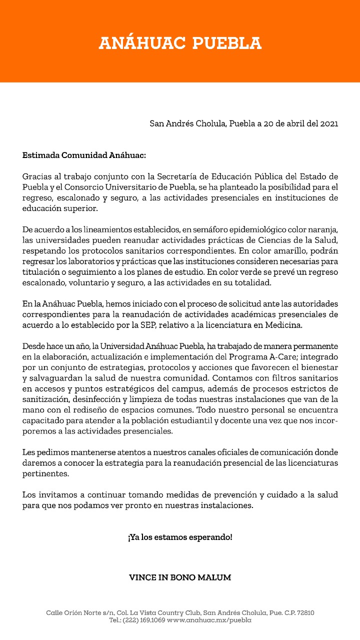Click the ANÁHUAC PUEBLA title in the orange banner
click(180, 43)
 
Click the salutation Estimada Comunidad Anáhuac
click(84, 155)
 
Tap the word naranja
click(323, 229)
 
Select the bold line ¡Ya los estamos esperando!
click(180, 537)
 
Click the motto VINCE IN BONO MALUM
click(180, 577)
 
